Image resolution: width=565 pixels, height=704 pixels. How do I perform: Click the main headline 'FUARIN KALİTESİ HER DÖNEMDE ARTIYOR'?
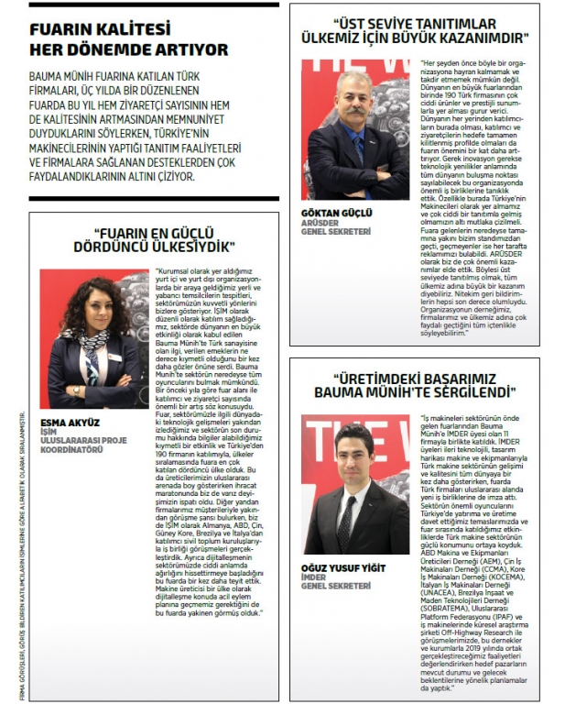[x=128, y=38]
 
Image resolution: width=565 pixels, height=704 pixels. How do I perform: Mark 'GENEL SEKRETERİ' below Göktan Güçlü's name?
[x=336, y=231]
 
